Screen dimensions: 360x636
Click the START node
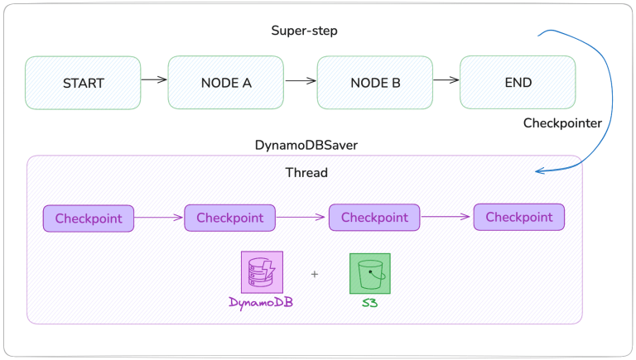click(83, 83)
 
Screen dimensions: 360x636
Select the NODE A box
click(226, 83)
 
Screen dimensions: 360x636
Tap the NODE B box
click(374, 83)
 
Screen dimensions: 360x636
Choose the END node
click(518, 83)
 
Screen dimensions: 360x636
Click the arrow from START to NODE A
click(154, 80)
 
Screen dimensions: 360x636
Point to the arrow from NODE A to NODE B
click(301, 81)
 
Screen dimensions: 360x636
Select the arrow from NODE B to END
click(446, 80)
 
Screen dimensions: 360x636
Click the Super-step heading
click(304, 31)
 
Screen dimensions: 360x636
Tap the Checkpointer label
click(562, 122)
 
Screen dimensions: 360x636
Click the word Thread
click(306, 173)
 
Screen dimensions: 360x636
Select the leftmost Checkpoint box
click(89, 219)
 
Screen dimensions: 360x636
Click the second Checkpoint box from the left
click(229, 218)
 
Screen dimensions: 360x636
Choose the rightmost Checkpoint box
click(518, 218)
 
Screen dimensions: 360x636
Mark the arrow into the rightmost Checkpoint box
click(446, 218)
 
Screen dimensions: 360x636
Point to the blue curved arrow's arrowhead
click(538, 171)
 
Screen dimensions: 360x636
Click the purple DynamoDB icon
click(262, 273)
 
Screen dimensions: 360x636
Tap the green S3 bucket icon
click(369, 273)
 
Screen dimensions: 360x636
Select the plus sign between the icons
click(315, 274)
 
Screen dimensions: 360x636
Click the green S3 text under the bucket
click(369, 302)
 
